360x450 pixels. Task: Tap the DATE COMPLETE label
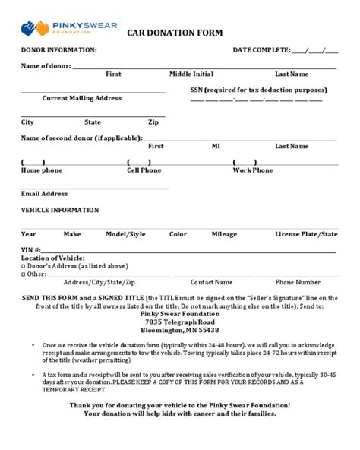pyautogui.click(x=261, y=50)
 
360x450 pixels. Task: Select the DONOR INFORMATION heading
pyautogui.click(x=58, y=50)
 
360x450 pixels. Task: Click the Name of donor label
pyautogui.click(x=45, y=66)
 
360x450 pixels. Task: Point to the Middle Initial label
pyautogui.click(x=191, y=74)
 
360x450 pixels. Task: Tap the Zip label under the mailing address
pyautogui.click(x=153, y=122)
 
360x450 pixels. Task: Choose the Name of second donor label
pyautogui.click(x=81, y=138)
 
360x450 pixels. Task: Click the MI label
pyautogui.click(x=216, y=146)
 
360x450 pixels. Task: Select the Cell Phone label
pyautogui.click(x=144, y=170)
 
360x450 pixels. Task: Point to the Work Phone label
pyautogui.click(x=252, y=170)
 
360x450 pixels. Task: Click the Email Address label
pyautogui.click(x=44, y=194)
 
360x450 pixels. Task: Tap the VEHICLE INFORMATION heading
pyautogui.click(x=59, y=210)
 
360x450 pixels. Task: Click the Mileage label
pyautogui.click(x=224, y=234)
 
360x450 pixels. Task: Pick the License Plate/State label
pyautogui.click(x=306, y=234)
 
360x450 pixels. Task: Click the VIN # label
pyautogui.click(x=30, y=250)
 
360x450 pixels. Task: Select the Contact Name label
pyautogui.click(x=211, y=282)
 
